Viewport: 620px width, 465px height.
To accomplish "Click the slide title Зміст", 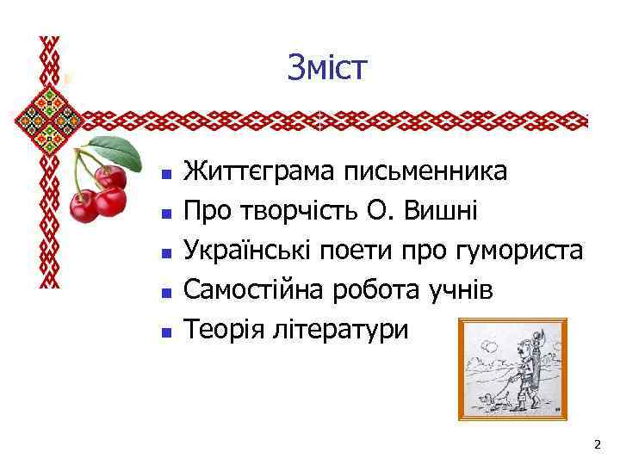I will pos(327,68).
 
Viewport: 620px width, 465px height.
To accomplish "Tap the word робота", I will pos(385,290).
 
